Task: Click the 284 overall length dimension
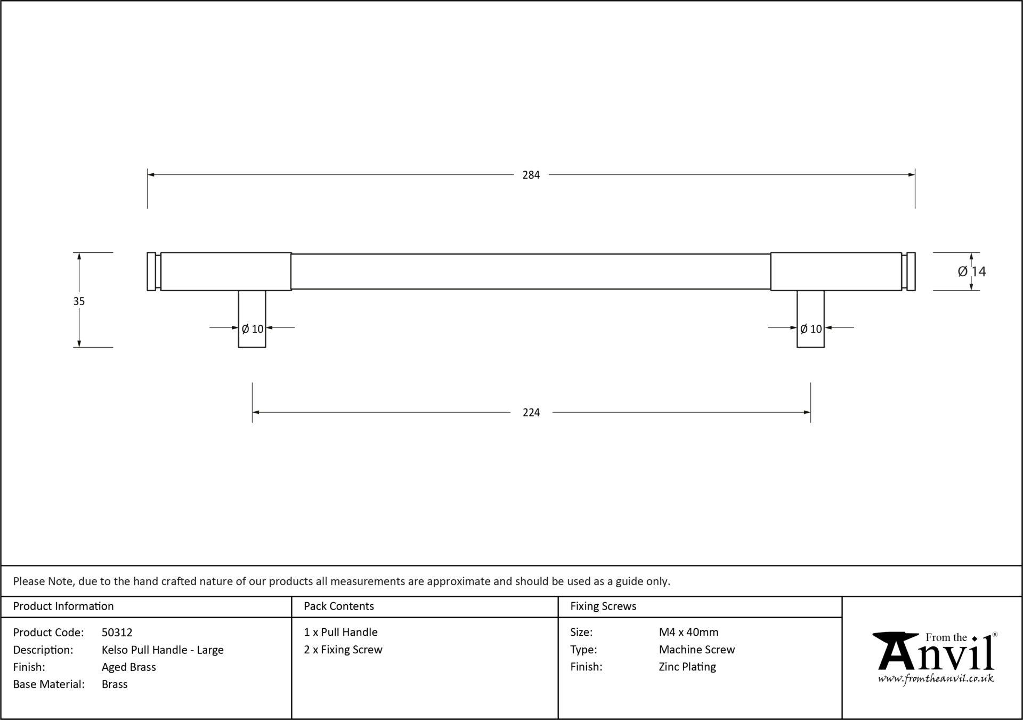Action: tap(531, 175)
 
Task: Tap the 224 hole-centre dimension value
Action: tap(531, 412)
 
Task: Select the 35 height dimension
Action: tap(79, 301)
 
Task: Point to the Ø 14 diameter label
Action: tap(972, 271)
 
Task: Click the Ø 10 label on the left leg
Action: tap(253, 329)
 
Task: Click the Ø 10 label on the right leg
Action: tap(811, 329)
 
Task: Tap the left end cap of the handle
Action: tap(151, 271)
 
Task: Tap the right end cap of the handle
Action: tap(911, 271)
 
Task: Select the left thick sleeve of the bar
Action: tap(226, 271)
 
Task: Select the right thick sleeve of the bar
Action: tap(836, 271)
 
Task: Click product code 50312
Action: tap(117, 633)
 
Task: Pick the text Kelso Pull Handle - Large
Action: tap(163, 650)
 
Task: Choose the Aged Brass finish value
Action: tap(129, 667)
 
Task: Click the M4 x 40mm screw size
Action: tap(688, 633)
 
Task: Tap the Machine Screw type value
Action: tap(697, 650)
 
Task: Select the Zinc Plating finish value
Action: tap(687, 667)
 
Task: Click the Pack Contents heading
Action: tap(339, 606)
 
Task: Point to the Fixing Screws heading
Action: tap(603, 606)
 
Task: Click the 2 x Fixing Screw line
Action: tap(343, 650)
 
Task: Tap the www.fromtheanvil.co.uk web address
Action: tap(936, 679)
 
